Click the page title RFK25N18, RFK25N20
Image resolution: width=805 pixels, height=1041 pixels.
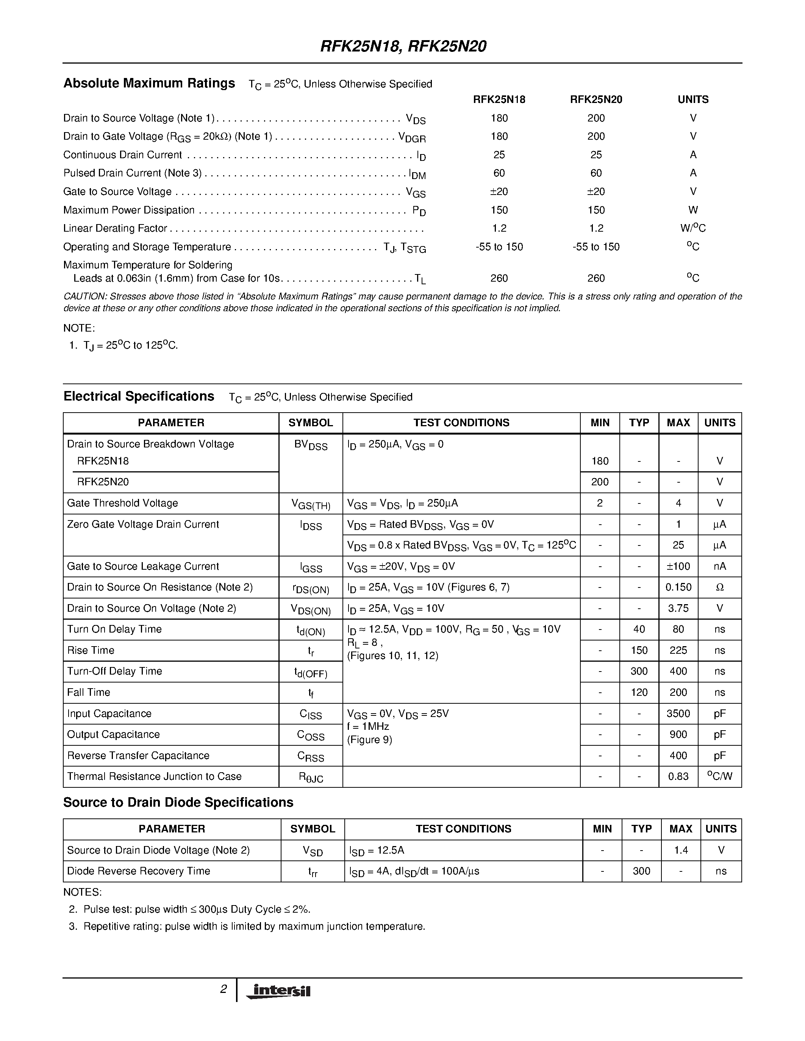coord(403,46)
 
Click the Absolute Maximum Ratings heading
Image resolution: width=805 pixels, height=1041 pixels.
coord(149,83)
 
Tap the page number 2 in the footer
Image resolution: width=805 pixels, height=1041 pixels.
coord(223,990)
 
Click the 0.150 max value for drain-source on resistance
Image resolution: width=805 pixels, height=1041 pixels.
coord(678,587)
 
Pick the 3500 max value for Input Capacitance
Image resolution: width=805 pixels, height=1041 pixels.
coord(678,714)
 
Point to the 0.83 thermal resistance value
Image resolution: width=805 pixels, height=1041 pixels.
coord(678,776)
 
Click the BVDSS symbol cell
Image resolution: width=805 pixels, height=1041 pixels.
coord(311,445)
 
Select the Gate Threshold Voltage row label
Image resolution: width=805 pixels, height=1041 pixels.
coord(123,503)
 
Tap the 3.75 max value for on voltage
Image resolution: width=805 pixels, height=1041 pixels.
coord(678,608)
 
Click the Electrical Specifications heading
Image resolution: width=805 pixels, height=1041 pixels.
coord(139,397)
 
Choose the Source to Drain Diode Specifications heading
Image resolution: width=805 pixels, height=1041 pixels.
coord(178,803)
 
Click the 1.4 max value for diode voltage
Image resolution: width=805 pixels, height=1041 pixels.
coord(680,850)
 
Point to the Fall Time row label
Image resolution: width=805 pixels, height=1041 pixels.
coord(89,693)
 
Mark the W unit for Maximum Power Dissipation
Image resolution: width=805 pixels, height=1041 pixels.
coord(693,210)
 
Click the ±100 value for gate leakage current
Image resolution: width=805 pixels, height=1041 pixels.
coord(678,566)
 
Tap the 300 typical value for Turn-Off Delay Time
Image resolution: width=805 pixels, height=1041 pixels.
coord(639,672)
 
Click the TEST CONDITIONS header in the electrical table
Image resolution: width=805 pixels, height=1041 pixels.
coord(461,423)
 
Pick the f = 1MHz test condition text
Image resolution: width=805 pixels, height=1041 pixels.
coord(368,726)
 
